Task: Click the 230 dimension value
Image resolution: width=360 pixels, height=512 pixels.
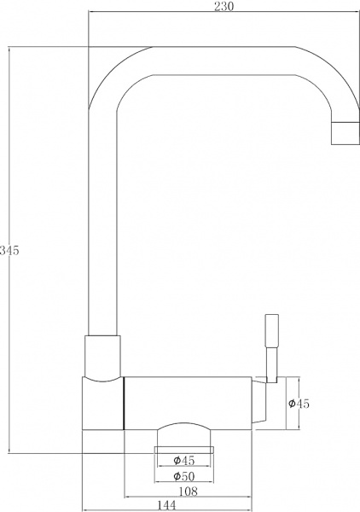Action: point(224,6)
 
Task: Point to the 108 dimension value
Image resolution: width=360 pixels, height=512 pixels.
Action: point(188,491)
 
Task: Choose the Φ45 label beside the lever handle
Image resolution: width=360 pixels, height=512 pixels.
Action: point(299,403)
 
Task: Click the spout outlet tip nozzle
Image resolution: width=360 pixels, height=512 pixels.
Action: point(345,133)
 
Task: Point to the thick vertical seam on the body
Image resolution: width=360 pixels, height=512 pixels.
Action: point(125,403)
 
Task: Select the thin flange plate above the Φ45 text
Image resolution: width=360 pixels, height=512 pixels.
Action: point(183,447)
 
